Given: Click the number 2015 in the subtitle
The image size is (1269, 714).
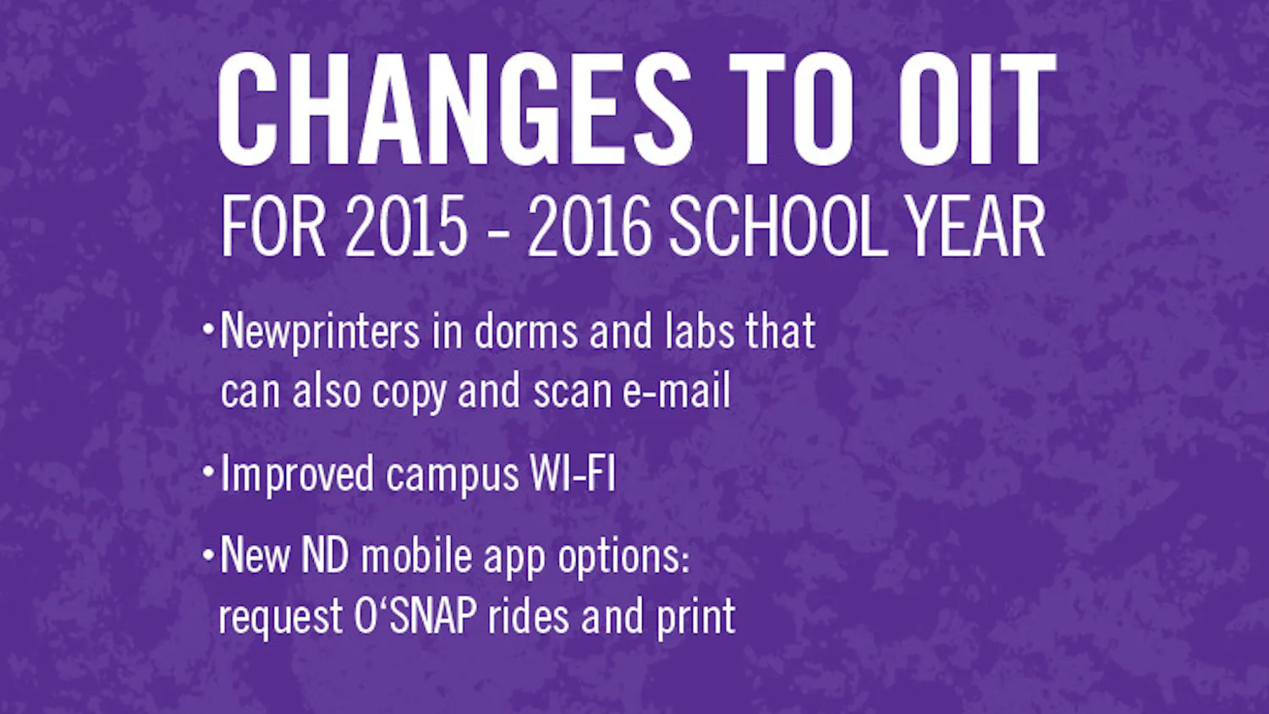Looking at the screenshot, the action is point(406,227).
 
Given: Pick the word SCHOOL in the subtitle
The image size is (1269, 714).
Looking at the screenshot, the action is point(777,227).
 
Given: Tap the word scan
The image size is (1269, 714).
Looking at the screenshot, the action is point(573,392).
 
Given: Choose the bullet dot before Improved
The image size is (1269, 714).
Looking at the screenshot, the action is point(208,471).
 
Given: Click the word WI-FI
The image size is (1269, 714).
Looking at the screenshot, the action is point(572,473).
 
